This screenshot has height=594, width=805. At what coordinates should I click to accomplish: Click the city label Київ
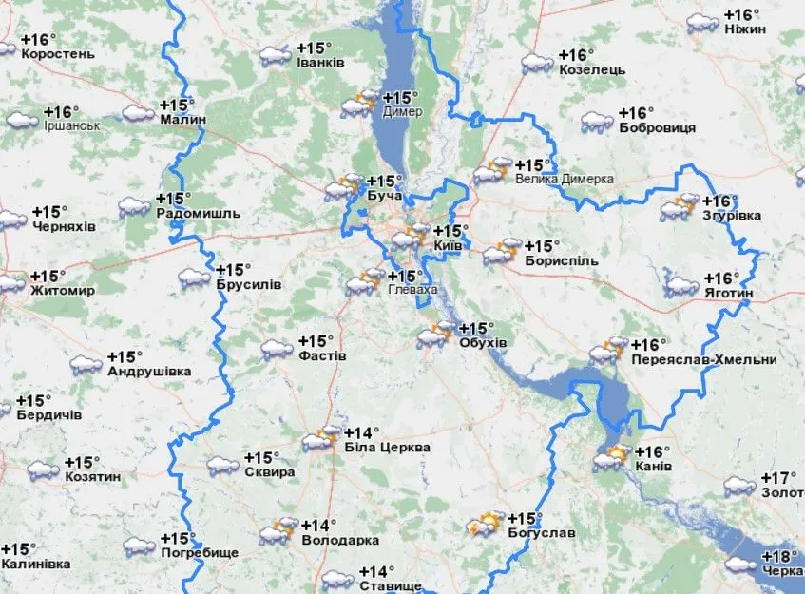[447, 246]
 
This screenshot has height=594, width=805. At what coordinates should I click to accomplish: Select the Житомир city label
[63, 290]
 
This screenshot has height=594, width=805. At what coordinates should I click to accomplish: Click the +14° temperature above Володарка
[318, 525]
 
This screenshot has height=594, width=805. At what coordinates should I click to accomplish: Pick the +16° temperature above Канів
[652, 451]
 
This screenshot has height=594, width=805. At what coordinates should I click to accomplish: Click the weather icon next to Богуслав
[485, 526]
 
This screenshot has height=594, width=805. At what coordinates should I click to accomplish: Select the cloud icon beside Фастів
[277, 349]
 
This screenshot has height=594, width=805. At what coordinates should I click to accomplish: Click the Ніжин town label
[744, 29]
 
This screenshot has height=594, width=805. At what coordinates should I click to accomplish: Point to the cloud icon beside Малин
[138, 113]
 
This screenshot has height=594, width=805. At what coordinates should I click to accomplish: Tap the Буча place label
[384, 196]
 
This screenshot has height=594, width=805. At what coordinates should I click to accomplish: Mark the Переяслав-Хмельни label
[703, 360]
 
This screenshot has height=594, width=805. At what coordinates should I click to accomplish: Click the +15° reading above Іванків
[316, 48]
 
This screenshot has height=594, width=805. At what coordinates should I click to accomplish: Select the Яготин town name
[728, 295]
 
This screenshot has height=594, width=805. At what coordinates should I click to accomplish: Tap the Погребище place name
[200, 553]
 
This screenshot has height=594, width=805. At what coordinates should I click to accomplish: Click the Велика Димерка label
[564, 179]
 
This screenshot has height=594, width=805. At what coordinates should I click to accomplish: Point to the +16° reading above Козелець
[577, 54]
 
